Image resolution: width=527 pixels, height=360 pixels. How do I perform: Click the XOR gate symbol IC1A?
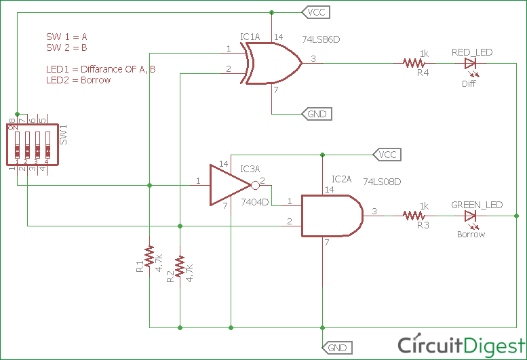tap(271, 63)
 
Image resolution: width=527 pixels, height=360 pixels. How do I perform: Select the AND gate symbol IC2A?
tap(332, 216)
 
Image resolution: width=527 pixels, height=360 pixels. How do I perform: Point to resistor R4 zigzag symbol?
tap(413, 63)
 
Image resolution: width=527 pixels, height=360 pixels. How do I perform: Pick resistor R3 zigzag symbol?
tap(413, 216)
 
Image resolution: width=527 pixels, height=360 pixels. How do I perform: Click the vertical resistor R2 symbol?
tap(180, 266)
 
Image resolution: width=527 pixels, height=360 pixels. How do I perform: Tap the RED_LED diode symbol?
tap(470, 63)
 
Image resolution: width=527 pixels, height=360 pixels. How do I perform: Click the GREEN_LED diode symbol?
tap(470, 216)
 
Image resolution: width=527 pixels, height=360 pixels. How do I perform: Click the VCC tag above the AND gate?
tap(386, 154)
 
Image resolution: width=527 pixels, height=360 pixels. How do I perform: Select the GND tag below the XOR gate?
tap(316, 114)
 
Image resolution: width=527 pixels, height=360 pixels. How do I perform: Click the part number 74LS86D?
tap(321, 40)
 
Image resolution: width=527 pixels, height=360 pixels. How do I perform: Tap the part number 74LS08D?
tap(382, 182)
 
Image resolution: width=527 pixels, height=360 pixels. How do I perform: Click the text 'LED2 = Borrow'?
tap(78, 80)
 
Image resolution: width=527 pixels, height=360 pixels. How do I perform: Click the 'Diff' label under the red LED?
tap(469, 83)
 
